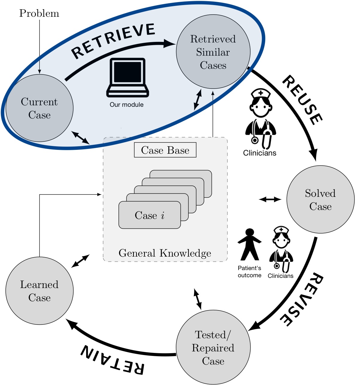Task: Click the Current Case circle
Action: point(39,108)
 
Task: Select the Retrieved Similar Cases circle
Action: point(213,52)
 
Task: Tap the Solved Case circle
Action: point(320,199)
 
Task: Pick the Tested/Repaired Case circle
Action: point(213,348)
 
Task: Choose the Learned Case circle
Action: point(39,291)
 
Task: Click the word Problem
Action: point(39,13)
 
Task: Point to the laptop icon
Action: point(128,77)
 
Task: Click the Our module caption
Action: point(126,105)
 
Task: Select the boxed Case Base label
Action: point(165,150)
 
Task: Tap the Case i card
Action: point(150,215)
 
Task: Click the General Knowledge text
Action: point(165,253)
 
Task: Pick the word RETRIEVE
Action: point(113,40)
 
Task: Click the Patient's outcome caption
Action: point(249,272)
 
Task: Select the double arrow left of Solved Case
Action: point(270,199)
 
